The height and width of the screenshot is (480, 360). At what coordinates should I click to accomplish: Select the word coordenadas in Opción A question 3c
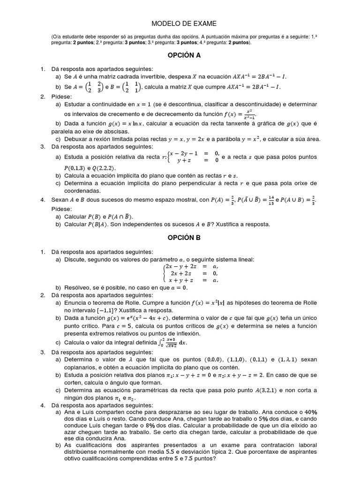point(81,191)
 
